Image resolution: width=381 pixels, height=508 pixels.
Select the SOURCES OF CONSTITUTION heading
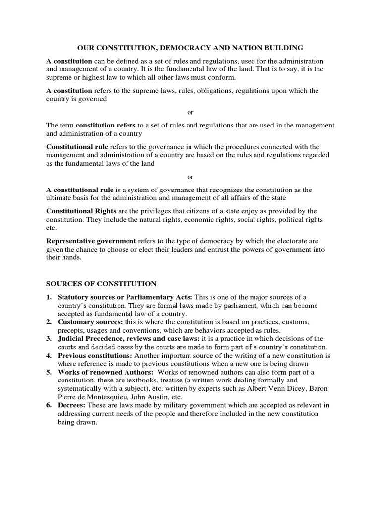point(101,284)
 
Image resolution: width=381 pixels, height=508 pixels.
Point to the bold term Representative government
point(91,241)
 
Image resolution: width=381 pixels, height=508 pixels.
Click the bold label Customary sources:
point(85,322)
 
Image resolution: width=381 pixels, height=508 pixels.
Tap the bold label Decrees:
point(72,405)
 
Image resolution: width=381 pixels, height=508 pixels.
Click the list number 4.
point(49,356)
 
